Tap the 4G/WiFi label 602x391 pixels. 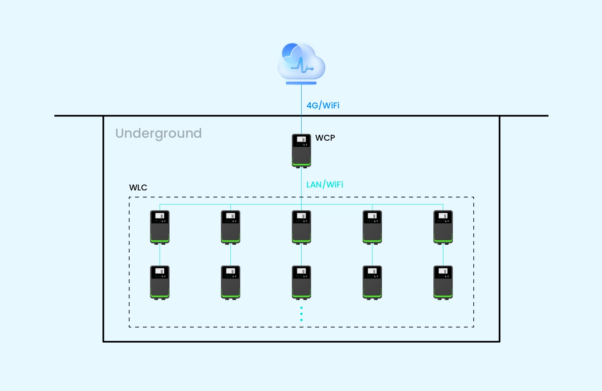coord(323,105)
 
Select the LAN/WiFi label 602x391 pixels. coord(325,184)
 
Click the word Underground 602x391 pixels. coord(158,133)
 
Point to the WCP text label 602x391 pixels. coord(325,138)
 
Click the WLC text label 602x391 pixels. coord(138,188)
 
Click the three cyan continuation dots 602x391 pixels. coord(301,314)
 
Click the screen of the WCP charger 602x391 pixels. coord(301,139)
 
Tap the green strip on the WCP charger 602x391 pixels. coord(301,164)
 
